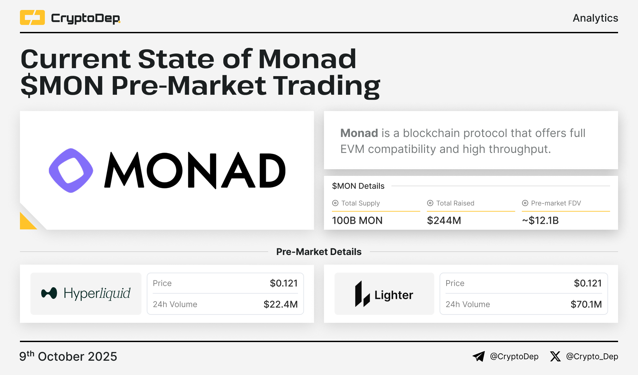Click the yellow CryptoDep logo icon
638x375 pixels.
32,18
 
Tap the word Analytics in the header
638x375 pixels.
595,18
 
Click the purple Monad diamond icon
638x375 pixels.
71,170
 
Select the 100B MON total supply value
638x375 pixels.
357,220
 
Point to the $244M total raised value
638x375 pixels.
444,220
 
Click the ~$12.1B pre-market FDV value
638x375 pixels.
540,220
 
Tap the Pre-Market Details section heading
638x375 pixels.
319,252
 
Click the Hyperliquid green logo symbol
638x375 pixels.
49,293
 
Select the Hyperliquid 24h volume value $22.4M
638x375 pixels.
280,304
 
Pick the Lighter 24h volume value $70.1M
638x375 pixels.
586,304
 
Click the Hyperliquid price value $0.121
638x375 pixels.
284,283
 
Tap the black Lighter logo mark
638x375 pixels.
362,294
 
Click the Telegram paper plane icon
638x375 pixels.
478,356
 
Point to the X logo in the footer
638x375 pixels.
555,356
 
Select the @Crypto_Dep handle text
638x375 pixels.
592,356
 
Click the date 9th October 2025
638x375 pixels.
68,356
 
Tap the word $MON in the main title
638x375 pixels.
62,85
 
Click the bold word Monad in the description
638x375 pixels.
359,133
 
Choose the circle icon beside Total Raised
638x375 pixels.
430,203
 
